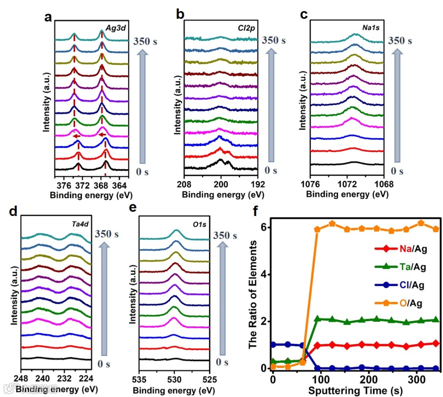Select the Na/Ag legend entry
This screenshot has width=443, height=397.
(398, 249)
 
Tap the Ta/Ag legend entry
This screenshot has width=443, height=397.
(398, 267)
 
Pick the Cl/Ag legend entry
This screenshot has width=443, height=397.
(398, 286)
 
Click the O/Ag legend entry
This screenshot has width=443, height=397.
(398, 304)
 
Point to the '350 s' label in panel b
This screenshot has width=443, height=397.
(273, 41)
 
